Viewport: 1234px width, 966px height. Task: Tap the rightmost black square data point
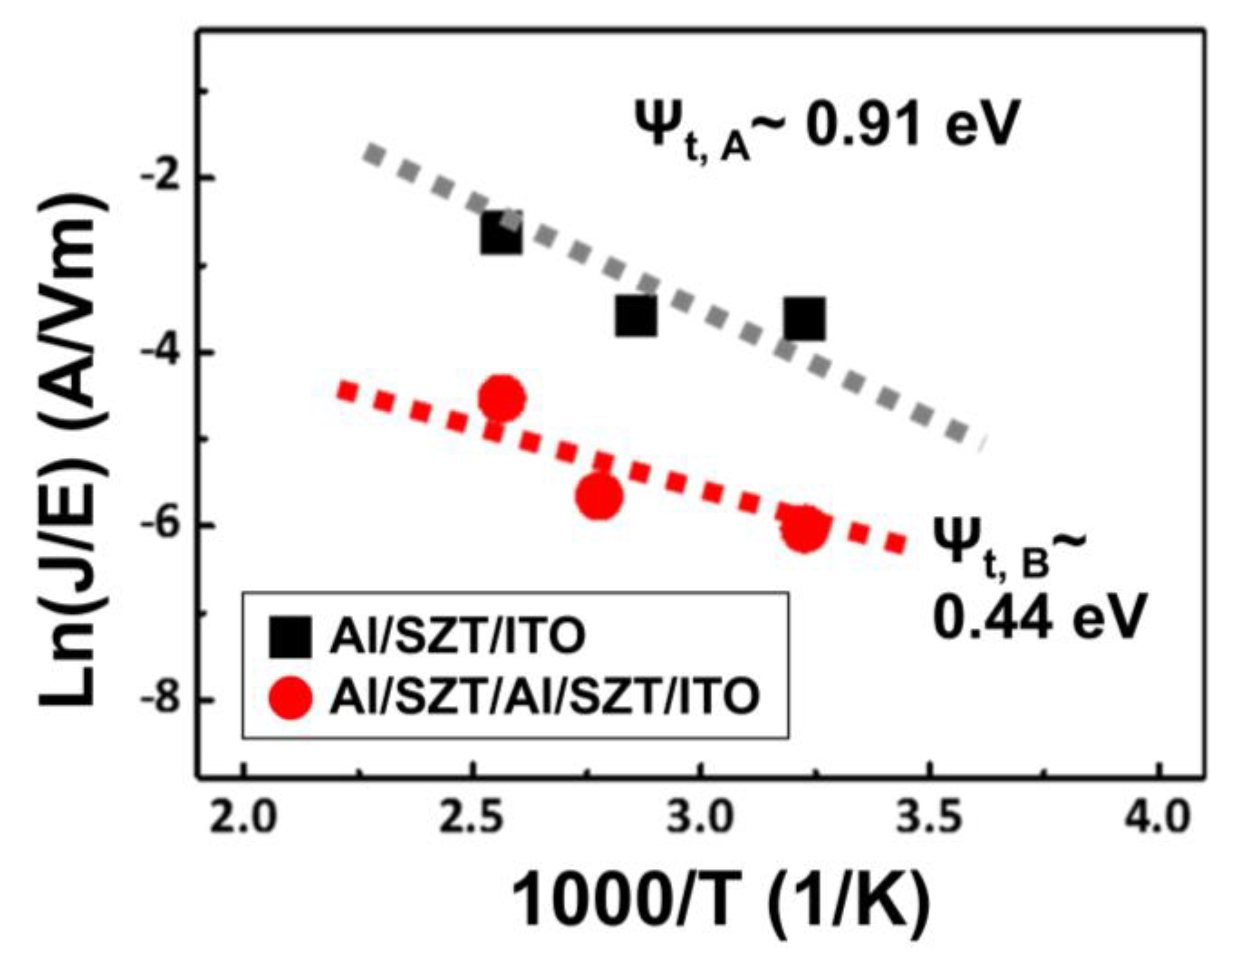click(x=805, y=318)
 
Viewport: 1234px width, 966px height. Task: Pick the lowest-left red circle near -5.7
click(x=599, y=495)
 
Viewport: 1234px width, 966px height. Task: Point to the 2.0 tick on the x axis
click(x=243, y=819)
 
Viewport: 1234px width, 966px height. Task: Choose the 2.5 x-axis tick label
click(x=472, y=819)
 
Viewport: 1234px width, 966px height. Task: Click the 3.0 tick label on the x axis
click(x=700, y=819)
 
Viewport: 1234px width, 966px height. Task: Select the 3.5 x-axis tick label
click(x=929, y=819)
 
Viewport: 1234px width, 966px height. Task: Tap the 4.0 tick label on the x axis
click(x=1157, y=819)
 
